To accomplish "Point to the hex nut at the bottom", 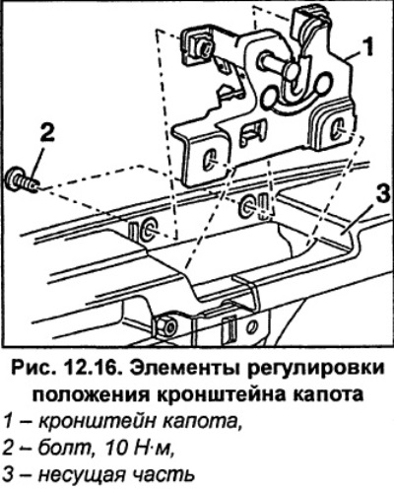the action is [x=166, y=325].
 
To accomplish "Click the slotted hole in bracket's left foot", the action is [x=208, y=160].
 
